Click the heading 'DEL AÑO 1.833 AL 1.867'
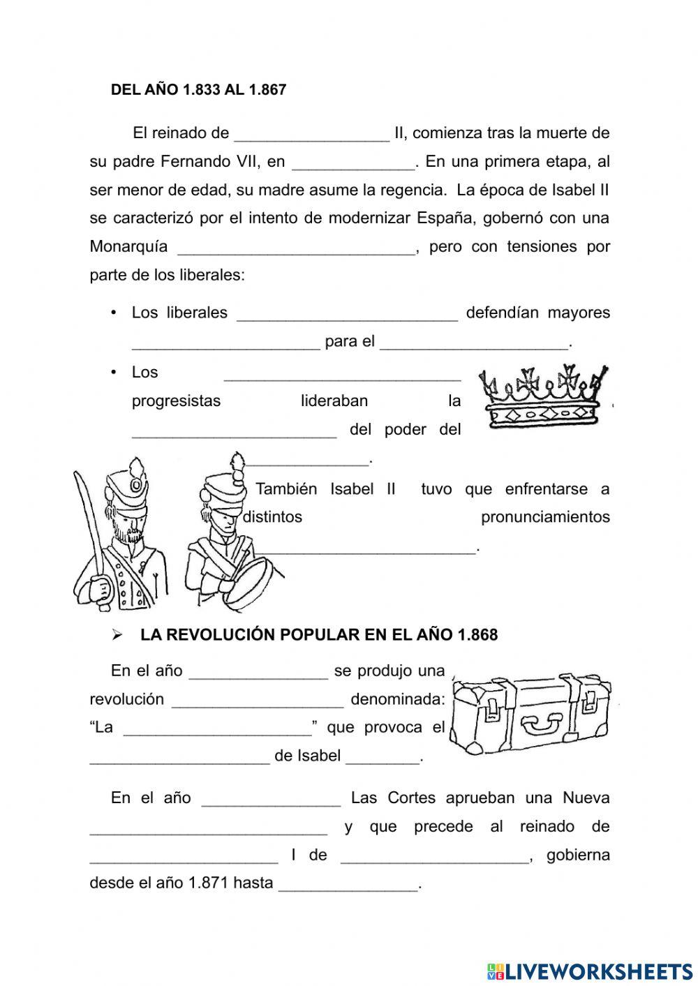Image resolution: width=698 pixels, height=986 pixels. tap(198, 90)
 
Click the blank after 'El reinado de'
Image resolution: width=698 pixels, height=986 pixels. tap(311, 134)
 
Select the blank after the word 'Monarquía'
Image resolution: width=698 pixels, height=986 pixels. tap(297, 248)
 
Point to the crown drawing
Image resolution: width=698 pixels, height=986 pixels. tap(543, 397)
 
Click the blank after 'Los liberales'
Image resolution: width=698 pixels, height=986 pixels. tap(347, 314)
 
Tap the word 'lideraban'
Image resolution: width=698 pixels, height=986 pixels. tap(334, 401)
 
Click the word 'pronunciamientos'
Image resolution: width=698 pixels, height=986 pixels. tap(545, 517)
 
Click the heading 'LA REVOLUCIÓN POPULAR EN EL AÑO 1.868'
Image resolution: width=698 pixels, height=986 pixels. tap(319, 635)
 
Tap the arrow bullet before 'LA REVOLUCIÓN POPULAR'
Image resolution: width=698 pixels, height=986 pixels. tap(117, 635)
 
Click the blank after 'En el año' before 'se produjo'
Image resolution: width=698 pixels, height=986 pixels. tap(258, 672)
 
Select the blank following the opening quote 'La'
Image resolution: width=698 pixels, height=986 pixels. tap(217, 729)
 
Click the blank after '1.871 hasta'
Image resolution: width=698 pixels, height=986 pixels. tap(348, 884)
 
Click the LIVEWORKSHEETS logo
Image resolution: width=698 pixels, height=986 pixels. tap(590, 971)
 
